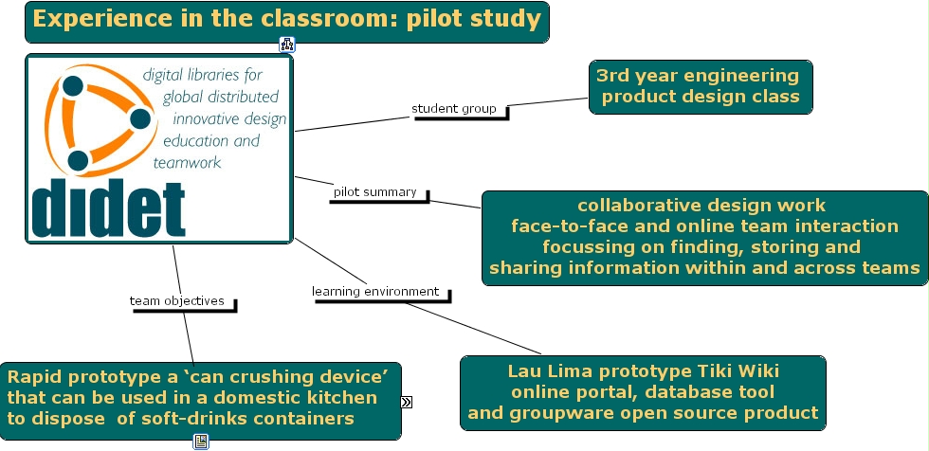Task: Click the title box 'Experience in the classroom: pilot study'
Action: click(286, 20)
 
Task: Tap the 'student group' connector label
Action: click(454, 109)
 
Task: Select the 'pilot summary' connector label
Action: click(374, 192)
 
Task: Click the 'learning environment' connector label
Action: click(376, 292)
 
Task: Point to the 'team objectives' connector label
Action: click(177, 301)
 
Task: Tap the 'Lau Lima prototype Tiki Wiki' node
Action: click(643, 392)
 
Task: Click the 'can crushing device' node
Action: click(199, 397)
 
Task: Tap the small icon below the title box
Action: click(287, 44)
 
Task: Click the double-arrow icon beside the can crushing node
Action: click(407, 402)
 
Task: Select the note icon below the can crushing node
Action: click(201, 441)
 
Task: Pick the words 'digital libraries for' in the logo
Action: click(202, 74)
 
